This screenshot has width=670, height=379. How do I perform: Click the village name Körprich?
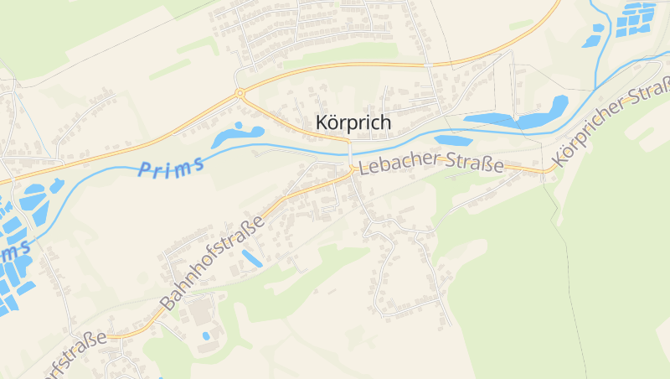[353, 122]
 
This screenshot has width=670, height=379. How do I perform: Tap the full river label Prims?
[172, 168]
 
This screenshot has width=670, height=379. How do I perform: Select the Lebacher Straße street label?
[430, 164]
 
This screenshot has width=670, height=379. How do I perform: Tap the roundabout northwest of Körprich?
[240, 93]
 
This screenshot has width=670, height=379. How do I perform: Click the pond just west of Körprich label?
[236, 136]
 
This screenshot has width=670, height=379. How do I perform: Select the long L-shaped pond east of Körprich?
[519, 117]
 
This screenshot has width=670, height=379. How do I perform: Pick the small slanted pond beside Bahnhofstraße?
[251, 258]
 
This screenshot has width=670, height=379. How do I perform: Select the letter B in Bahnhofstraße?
[167, 303]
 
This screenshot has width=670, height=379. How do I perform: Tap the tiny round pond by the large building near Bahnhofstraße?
[206, 336]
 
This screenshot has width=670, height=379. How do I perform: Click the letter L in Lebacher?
[363, 168]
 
